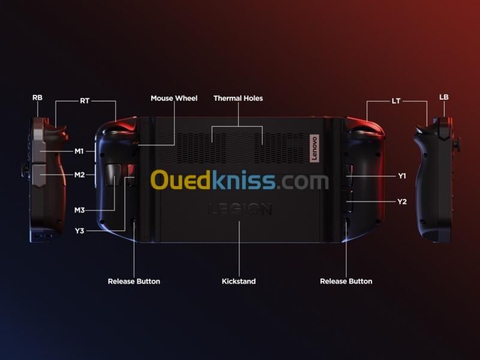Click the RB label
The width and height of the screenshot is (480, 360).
(x=37, y=97)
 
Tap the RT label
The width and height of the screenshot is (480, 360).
(x=85, y=101)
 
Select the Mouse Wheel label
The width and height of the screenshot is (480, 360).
(x=174, y=98)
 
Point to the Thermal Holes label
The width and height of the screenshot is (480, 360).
(x=238, y=98)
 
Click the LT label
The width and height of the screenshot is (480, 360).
(x=396, y=101)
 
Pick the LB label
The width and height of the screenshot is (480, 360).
(x=444, y=97)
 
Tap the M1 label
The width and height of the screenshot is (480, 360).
(x=79, y=151)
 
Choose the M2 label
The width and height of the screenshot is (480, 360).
(x=79, y=175)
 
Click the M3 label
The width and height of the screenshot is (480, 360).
(x=79, y=210)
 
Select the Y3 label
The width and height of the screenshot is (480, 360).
(x=79, y=230)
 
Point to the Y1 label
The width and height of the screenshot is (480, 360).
(x=402, y=176)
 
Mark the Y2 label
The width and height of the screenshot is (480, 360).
(x=402, y=202)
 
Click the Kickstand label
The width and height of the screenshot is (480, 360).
(x=239, y=281)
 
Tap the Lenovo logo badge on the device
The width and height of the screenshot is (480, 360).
(x=313, y=148)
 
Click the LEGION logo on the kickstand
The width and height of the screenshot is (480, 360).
(x=240, y=209)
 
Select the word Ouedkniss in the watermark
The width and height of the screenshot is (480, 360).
(x=213, y=180)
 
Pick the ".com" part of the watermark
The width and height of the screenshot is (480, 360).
(x=303, y=181)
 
